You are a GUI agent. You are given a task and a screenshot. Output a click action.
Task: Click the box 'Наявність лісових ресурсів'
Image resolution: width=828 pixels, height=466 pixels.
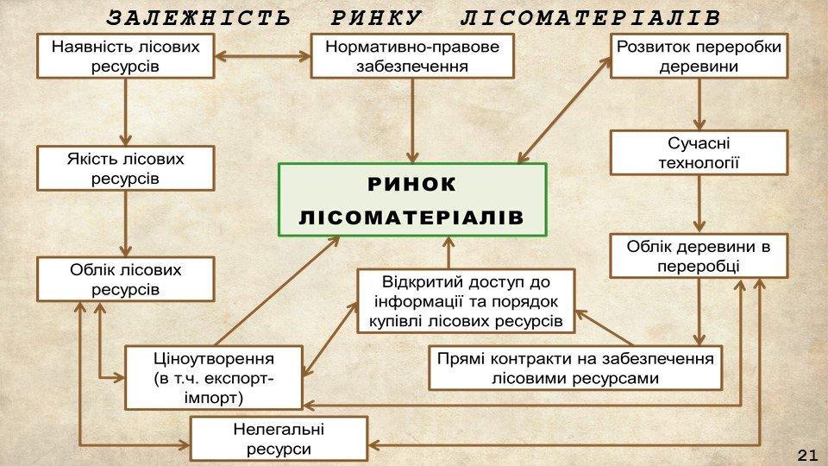[125, 56]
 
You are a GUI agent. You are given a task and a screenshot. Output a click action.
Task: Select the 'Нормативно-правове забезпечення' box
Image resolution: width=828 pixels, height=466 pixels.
[411, 56]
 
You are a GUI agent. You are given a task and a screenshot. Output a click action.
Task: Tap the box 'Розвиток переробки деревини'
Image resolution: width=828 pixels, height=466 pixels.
[699, 56]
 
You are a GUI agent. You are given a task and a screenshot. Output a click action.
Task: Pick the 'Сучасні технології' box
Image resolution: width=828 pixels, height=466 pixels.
[699, 152]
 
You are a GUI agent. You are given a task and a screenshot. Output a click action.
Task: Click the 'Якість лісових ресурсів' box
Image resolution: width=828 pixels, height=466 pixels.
[125, 168]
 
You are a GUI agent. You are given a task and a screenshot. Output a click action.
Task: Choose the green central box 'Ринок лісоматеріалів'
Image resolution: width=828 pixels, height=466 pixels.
[411, 199]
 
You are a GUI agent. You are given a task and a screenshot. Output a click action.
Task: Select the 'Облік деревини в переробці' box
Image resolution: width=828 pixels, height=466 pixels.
[699, 255]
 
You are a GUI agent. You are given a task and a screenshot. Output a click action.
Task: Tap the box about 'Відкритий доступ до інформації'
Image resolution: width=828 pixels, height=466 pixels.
[466, 301]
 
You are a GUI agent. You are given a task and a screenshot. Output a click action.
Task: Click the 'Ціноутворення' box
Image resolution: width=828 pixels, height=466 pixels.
[214, 377]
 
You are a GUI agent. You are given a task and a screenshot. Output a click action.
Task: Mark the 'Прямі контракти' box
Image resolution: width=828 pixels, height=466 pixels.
[575, 368]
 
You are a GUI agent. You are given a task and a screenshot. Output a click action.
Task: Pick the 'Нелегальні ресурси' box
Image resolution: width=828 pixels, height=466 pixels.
[279, 438]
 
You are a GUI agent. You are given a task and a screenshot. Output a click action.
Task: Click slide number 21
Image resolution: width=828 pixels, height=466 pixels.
[806, 455]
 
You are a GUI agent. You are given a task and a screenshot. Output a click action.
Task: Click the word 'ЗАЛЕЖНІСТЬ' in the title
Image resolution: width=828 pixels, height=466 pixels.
[198, 18]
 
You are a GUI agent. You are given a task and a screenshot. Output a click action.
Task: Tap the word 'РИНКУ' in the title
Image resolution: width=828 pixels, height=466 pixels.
[376, 18]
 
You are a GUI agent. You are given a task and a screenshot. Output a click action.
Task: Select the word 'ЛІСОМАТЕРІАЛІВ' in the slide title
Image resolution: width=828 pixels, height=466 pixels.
[590, 18]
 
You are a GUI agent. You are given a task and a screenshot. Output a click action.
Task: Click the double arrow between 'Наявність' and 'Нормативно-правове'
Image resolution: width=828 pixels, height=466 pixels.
[261, 56]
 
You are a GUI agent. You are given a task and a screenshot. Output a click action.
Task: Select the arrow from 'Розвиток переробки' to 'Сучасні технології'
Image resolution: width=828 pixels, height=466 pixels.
[699, 104]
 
